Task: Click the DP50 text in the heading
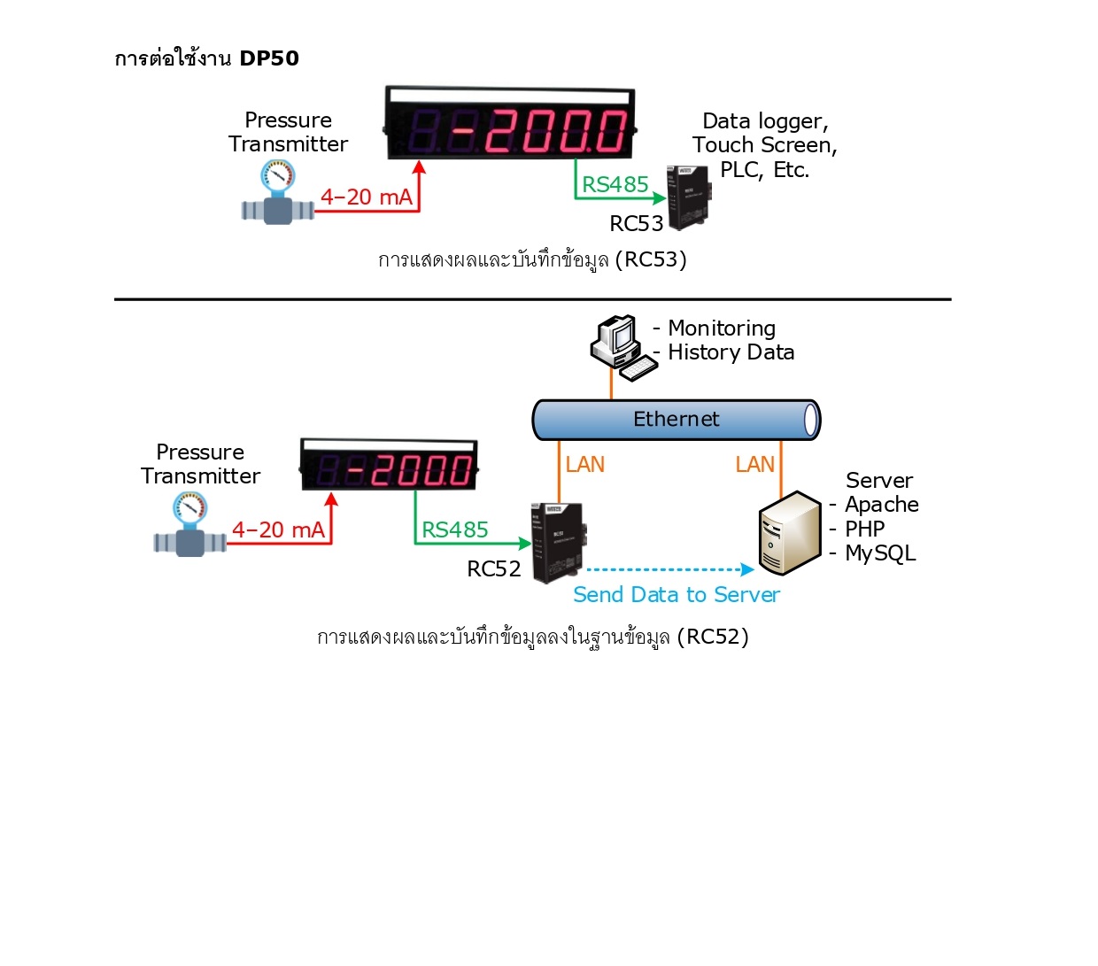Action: pyautogui.click(x=269, y=58)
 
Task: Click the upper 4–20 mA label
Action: pyautogui.click(x=366, y=197)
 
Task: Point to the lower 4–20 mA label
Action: pyautogui.click(x=278, y=529)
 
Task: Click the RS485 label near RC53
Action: pyautogui.click(x=615, y=184)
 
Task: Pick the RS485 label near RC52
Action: pyautogui.click(x=454, y=529)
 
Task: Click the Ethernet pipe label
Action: pyautogui.click(x=676, y=419)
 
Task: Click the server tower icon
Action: pyautogui.click(x=790, y=533)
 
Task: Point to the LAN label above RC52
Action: pyautogui.click(x=584, y=465)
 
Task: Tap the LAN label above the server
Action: pyautogui.click(x=754, y=465)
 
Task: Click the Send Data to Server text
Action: pyautogui.click(x=676, y=594)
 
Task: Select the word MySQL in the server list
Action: pyautogui.click(x=880, y=553)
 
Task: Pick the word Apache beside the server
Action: pyautogui.click(x=881, y=505)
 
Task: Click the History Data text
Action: pyautogui.click(x=731, y=352)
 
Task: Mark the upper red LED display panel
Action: pyautogui.click(x=511, y=125)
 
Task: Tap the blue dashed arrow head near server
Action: pyautogui.click(x=747, y=569)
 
